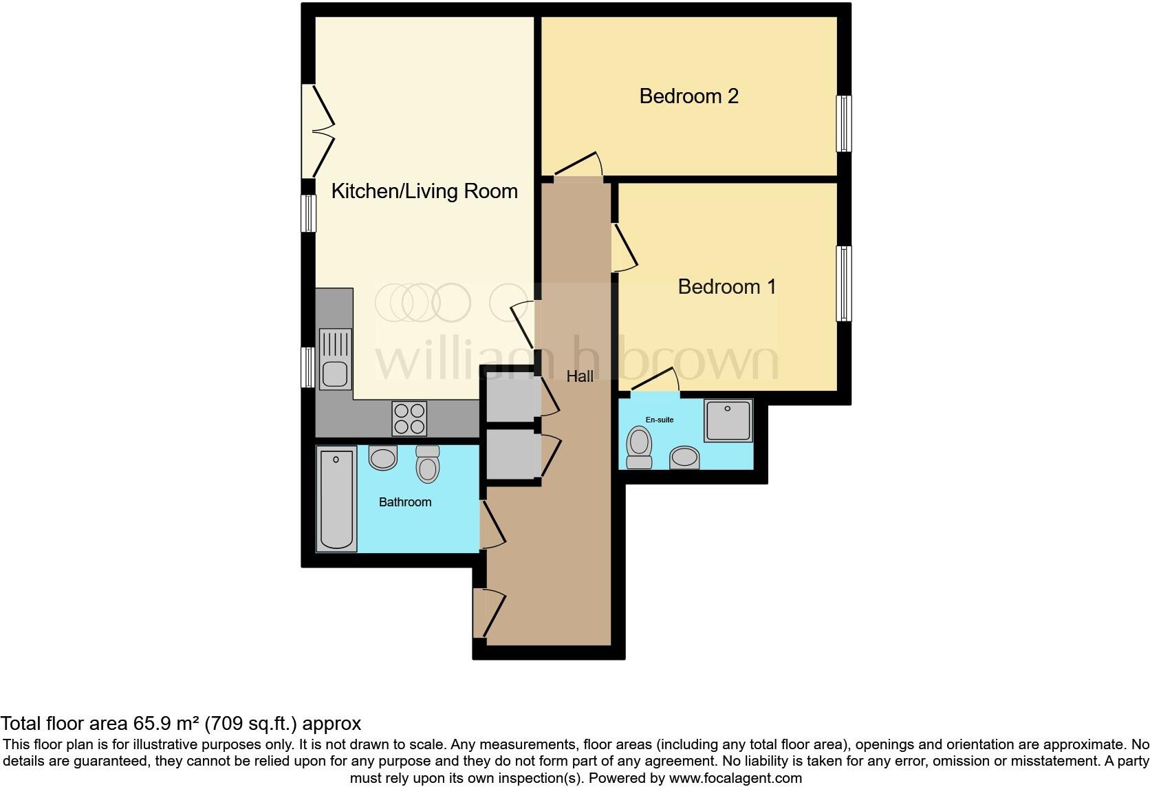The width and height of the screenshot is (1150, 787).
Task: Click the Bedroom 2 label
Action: [x=688, y=96]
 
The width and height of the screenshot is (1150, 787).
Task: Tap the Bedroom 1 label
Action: [x=727, y=287]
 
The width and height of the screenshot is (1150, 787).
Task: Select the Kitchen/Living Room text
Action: [x=424, y=191]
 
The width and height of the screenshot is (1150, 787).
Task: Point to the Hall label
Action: [x=580, y=376]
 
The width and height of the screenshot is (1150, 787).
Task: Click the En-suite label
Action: [x=659, y=420]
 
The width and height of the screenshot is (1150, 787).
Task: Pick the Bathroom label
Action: [x=405, y=502]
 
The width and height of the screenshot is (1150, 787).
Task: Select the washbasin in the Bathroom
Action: [x=383, y=457]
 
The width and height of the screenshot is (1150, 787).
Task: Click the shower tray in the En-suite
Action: [x=728, y=420]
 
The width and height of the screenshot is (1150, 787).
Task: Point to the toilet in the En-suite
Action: [x=640, y=447]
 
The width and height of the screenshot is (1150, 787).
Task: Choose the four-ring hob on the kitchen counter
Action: [x=409, y=418]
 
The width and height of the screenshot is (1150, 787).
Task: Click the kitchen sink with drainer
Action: [x=335, y=358]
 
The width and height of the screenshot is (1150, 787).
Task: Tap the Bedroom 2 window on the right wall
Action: [x=844, y=123]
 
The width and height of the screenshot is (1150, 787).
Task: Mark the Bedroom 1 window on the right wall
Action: [x=844, y=283]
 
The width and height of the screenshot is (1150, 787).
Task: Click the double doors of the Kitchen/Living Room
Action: [x=318, y=131]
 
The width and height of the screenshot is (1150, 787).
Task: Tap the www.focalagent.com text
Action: [x=735, y=778]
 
